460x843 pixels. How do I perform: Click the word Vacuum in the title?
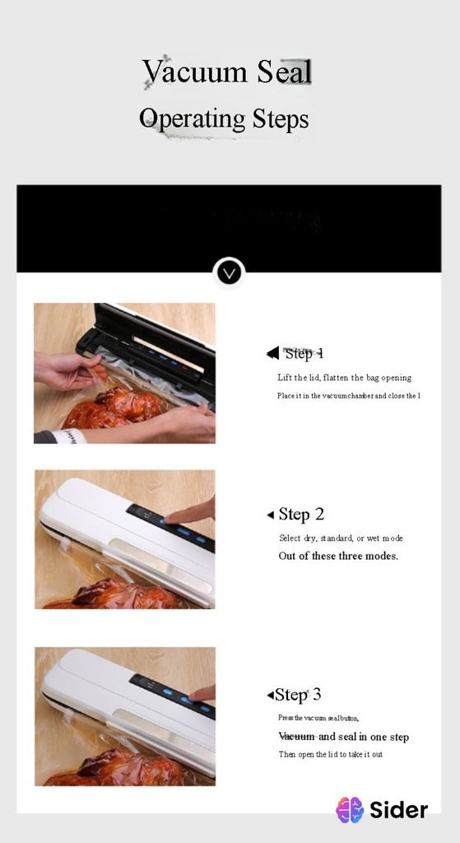194,72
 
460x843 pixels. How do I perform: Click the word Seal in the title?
284,72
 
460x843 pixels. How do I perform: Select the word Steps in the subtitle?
281,119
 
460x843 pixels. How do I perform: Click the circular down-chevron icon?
229,272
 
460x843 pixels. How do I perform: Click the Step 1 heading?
304,353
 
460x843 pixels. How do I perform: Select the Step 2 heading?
301,515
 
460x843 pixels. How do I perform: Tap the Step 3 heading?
298,695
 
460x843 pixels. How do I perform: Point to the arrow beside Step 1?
272,353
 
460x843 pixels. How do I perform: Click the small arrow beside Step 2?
270,515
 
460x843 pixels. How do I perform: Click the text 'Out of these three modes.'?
338,556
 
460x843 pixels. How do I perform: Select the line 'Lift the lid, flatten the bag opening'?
344,378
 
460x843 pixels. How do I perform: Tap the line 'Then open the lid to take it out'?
330,754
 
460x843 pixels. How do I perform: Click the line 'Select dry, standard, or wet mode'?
341,538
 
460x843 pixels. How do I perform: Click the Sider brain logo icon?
350,810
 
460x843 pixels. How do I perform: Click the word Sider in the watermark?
399,810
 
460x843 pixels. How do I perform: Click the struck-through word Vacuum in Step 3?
296,737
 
